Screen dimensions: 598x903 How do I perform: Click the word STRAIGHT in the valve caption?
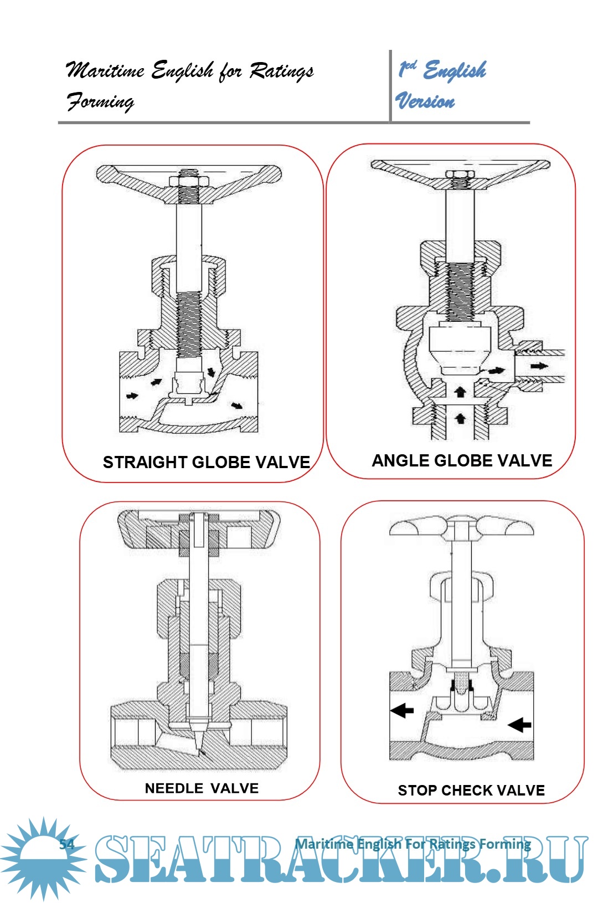[145, 463]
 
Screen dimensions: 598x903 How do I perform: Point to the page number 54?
[67, 844]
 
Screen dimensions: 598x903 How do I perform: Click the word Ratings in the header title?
[281, 71]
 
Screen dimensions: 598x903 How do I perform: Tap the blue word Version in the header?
[425, 100]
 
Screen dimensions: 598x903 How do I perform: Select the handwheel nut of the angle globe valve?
[460, 174]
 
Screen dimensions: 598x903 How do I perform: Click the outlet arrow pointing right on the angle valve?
[539, 366]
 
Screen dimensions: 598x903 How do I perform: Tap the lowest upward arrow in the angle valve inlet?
[460, 418]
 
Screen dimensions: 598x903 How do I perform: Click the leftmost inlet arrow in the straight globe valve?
[132, 396]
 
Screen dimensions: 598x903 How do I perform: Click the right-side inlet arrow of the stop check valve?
[519, 725]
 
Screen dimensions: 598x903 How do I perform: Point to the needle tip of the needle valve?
[199, 751]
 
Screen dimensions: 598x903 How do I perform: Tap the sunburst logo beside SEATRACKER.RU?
[43, 858]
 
